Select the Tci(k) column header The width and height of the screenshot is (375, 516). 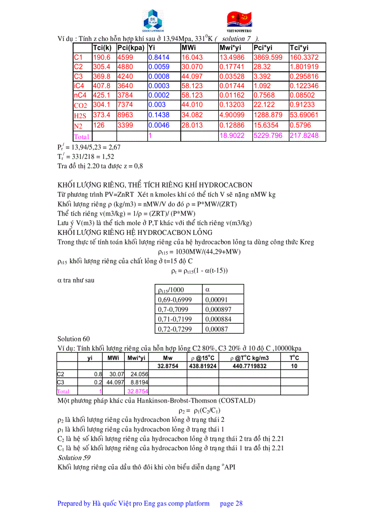click(102, 48)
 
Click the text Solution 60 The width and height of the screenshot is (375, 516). click(70, 339)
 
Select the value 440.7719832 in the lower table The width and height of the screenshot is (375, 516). click(248, 366)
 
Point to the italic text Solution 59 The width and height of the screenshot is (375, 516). click(74, 458)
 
